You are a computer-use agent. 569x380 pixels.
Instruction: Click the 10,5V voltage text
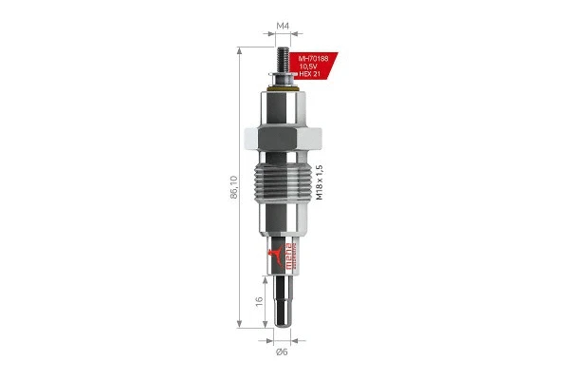point(312,67)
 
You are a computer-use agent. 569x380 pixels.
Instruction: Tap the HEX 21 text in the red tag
point(312,76)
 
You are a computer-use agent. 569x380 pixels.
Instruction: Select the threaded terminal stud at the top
point(283,53)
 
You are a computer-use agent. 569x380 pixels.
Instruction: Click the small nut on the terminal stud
point(283,75)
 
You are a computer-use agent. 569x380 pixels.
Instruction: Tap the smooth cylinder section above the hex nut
point(283,107)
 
